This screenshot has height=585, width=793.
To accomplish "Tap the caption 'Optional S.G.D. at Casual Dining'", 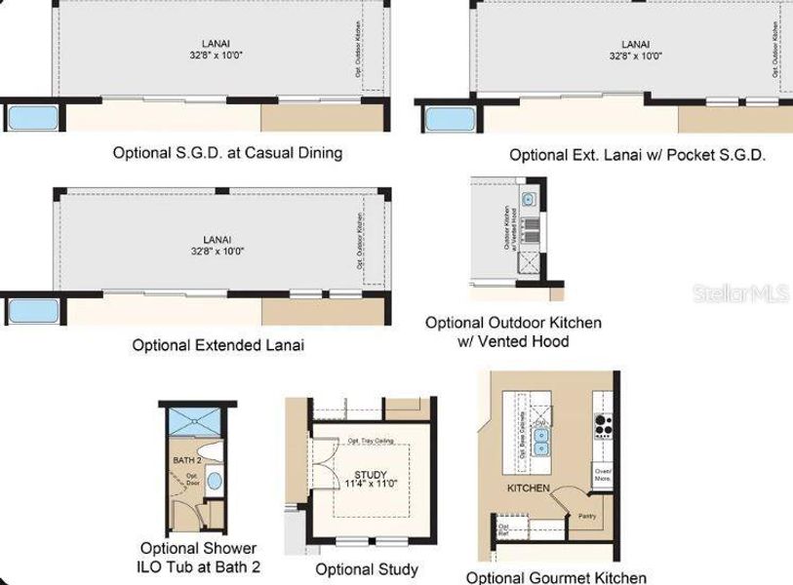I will (227, 153).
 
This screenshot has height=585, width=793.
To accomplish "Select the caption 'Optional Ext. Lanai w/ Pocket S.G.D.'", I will (637, 155).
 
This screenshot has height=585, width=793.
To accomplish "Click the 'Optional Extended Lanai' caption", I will (218, 345).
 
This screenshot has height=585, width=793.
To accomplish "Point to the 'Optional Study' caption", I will (367, 569).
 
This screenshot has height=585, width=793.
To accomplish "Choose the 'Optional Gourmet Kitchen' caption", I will (556, 577).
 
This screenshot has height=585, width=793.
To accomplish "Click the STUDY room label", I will (357, 475).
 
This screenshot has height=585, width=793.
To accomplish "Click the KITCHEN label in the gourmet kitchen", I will (528, 487).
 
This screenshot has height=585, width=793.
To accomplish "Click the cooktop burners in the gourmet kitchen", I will (603, 425).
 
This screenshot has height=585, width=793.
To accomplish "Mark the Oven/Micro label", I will (603, 474).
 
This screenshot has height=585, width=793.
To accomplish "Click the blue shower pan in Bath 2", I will (196, 422).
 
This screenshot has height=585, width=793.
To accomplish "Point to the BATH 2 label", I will (186, 459).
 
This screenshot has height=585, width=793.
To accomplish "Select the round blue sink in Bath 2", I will (216, 481).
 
